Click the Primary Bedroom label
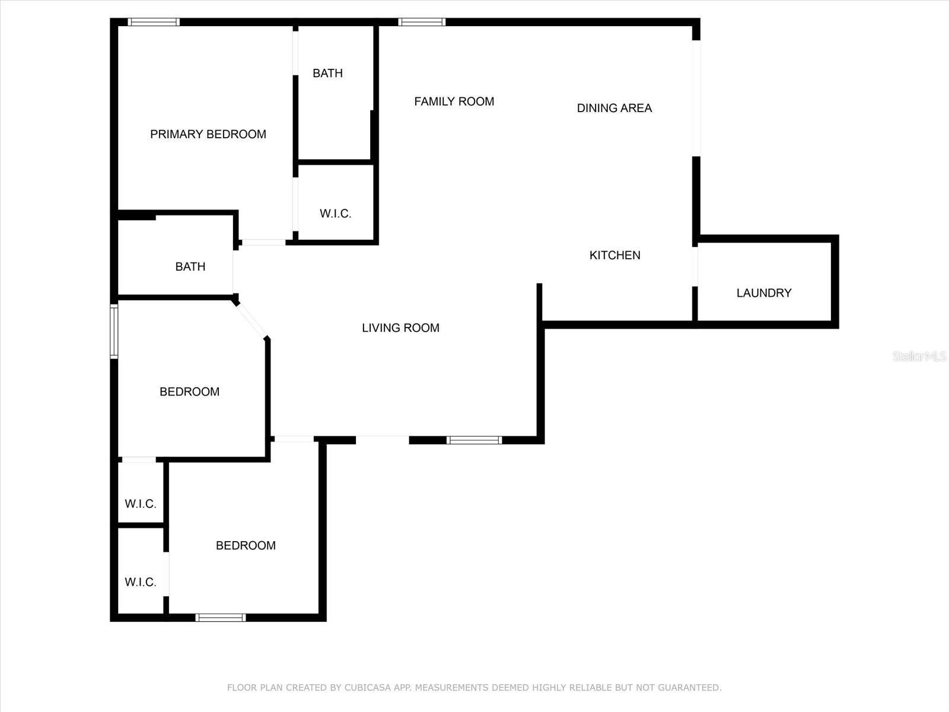point(208,134)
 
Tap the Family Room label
point(454,101)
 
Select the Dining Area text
point(614,108)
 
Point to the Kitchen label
point(614,255)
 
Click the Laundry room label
point(763,293)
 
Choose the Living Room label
point(400,328)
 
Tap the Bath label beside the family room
point(327,73)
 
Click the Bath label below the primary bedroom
point(190,266)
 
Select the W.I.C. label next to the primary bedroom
point(335,214)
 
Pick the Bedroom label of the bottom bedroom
point(246,545)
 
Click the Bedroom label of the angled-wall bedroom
point(189,392)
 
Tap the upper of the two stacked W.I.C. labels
point(141,504)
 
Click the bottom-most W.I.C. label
point(141,582)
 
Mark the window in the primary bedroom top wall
point(154,23)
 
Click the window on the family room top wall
point(422,23)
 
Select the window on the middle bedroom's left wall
point(114,332)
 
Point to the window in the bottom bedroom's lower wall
point(221,618)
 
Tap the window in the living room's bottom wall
point(474,440)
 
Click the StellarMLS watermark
point(919,356)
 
